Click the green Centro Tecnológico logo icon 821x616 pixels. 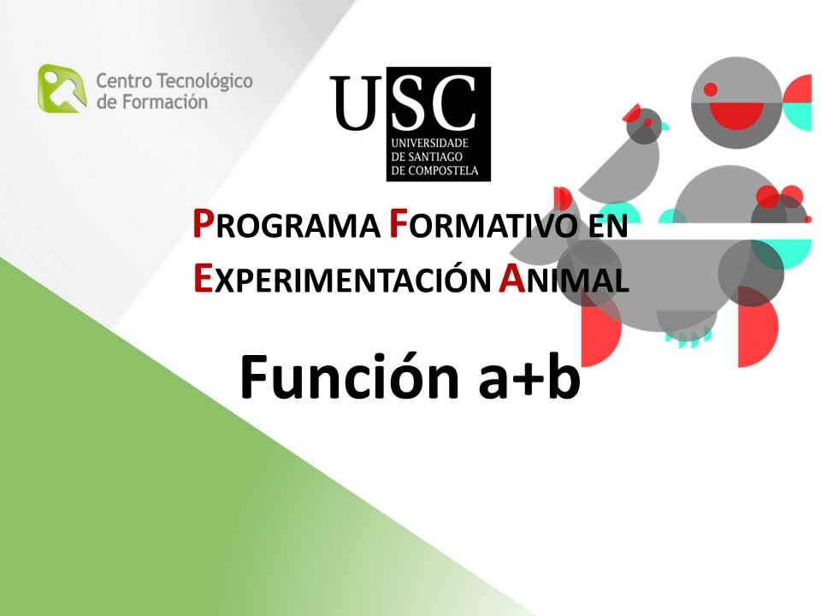tap(62, 88)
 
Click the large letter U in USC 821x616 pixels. tap(357, 103)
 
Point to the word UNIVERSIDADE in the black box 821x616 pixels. tap(430, 143)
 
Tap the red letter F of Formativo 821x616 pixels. tap(399, 223)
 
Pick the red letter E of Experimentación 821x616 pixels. tap(203, 278)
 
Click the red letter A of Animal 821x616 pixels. tap(511, 278)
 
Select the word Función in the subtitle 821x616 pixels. tap(350, 376)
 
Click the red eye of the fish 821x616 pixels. tap(711, 89)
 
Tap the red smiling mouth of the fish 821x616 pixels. tap(736, 115)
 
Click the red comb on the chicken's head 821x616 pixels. tap(632, 112)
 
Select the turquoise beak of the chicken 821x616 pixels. tap(665, 126)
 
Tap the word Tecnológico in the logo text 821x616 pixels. tap(204, 82)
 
